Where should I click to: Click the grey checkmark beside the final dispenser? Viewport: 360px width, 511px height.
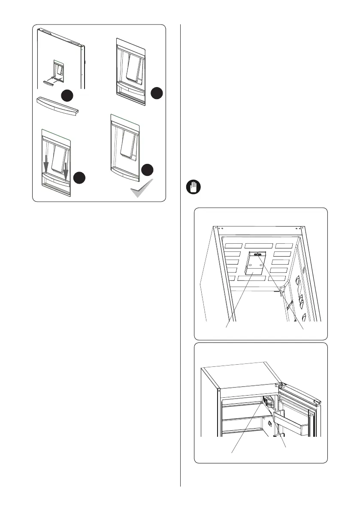(142, 188)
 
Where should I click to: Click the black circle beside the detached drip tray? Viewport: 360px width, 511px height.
(66, 95)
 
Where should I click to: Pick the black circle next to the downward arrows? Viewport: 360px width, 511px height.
(78, 178)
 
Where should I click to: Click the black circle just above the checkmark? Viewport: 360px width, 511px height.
(148, 169)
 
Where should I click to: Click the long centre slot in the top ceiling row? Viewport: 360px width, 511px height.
(259, 246)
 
